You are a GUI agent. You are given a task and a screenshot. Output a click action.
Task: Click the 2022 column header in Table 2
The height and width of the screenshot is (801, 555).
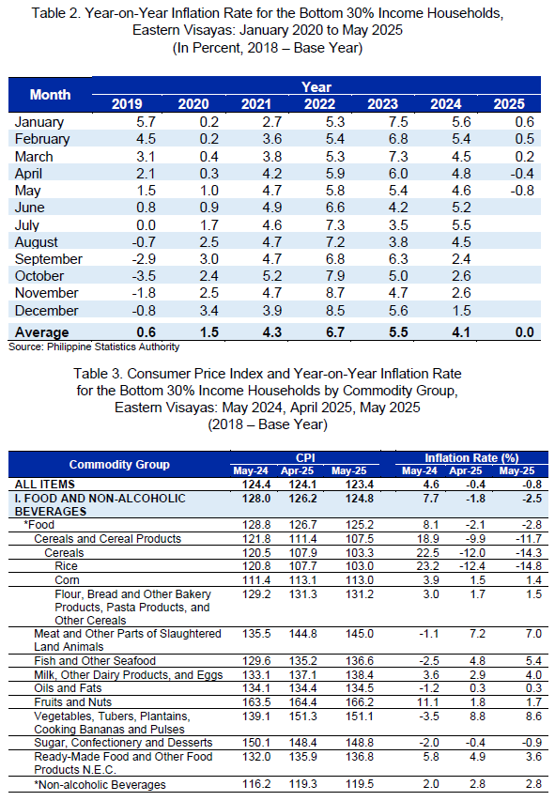point(319,103)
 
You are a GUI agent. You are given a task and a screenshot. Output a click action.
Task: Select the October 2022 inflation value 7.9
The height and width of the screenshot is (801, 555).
point(335,276)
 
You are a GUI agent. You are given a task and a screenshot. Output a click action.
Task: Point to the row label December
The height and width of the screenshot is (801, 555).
point(47,311)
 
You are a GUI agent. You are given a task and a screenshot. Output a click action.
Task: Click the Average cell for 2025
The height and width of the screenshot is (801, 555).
point(524,332)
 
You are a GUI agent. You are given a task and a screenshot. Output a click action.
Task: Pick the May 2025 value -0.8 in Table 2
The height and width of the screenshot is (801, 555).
point(521,191)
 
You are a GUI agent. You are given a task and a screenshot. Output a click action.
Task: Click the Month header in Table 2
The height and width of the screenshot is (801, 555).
point(50,95)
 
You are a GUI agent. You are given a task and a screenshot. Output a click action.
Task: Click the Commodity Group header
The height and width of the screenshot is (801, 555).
point(119,465)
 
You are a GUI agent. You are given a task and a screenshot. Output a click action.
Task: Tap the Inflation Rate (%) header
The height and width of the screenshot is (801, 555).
point(471,457)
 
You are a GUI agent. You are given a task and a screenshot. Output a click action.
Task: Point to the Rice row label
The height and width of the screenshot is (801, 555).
point(67,566)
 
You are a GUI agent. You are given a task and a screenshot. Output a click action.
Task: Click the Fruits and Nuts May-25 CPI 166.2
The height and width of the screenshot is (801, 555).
point(360,702)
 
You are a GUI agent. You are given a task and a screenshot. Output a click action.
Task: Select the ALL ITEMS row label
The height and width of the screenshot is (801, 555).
point(45,485)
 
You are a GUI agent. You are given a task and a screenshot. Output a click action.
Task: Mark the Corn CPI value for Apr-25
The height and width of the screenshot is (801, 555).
point(303,580)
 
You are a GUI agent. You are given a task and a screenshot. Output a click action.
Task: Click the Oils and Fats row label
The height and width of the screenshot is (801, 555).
point(68,688)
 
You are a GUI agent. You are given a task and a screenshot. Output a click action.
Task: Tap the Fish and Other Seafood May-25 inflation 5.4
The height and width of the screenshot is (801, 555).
point(533,661)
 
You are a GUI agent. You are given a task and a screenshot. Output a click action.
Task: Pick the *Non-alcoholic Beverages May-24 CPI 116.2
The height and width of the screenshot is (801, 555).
point(256,784)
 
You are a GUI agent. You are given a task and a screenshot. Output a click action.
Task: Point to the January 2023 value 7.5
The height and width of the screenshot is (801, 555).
point(398,121)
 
